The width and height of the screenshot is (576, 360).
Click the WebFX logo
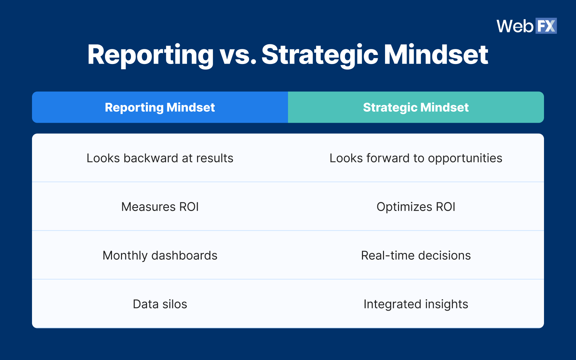tap(526, 26)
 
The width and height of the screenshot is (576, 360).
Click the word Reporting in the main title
tap(150, 55)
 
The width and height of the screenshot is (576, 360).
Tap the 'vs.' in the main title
tap(238, 55)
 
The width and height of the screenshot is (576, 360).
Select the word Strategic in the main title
tap(320, 55)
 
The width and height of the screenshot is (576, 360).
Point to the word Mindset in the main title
tap(436, 55)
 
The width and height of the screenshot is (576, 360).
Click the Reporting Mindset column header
tap(160, 107)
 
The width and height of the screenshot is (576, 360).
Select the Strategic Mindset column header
tap(416, 107)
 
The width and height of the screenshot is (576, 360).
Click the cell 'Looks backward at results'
tap(160, 158)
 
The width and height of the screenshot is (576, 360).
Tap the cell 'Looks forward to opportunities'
tap(416, 158)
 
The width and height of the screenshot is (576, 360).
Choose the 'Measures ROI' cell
tap(160, 207)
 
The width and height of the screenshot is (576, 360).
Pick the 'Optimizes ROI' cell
tap(416, 207)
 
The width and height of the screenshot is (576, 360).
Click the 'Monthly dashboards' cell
tap(160, 255)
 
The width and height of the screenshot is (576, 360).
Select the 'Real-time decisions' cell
tap(416, 255)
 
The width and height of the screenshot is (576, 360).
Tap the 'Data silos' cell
tap(160, 304)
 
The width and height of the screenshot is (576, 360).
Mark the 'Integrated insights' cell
tap(416, 304)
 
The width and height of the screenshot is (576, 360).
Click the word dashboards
tap(184, 255)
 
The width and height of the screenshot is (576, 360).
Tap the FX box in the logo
tap(546, 26)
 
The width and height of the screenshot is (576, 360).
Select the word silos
tap(175, 304)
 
